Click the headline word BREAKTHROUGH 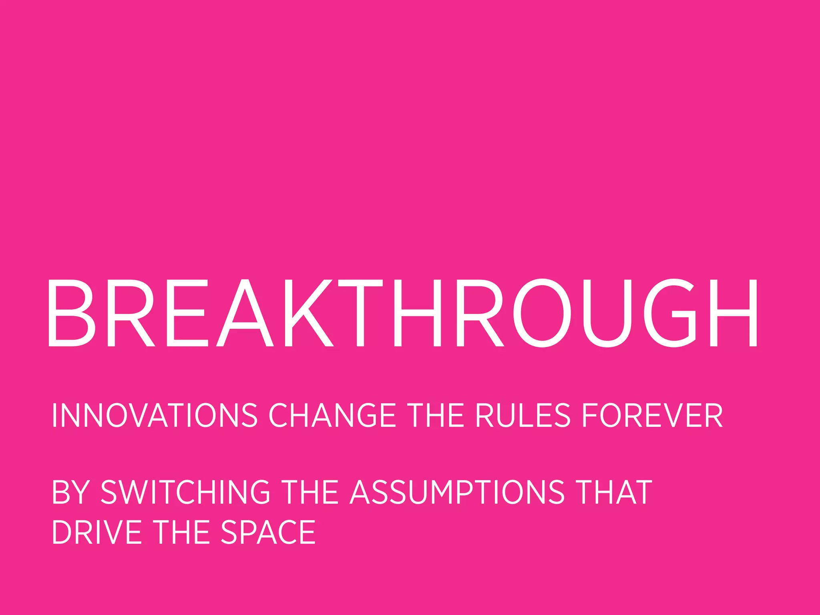tap(402, 313)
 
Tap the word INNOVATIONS tap(155, 416)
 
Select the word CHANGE tap(332, 416)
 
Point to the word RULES tap(523, 416)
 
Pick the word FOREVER tap(652, 416)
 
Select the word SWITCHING tap(185, 492)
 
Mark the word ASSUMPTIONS tap(457, 492)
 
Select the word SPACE tap(268, 532)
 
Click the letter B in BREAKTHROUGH tap(70, 313)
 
